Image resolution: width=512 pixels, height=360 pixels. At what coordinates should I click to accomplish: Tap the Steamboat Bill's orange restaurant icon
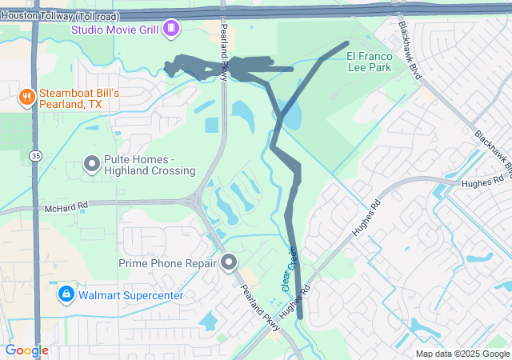(26, 98)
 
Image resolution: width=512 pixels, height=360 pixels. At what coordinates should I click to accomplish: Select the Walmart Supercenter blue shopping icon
(66, 295)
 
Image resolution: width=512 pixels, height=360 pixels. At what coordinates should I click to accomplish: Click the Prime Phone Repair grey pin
(230, 262)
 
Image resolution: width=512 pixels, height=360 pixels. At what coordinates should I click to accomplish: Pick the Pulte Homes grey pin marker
(91, 164)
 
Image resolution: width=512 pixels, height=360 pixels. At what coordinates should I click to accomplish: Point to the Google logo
(26, 350)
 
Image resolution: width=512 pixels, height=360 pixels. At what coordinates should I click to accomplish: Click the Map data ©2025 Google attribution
(462, 354)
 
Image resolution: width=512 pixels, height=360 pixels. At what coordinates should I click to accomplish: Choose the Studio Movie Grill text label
(114, 30)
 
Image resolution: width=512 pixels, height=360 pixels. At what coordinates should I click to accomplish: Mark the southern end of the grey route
(300, 317)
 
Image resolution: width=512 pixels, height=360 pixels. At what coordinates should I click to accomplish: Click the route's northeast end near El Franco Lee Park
(347, 42)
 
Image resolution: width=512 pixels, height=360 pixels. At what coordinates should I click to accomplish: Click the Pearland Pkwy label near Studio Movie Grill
(225, 58)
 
